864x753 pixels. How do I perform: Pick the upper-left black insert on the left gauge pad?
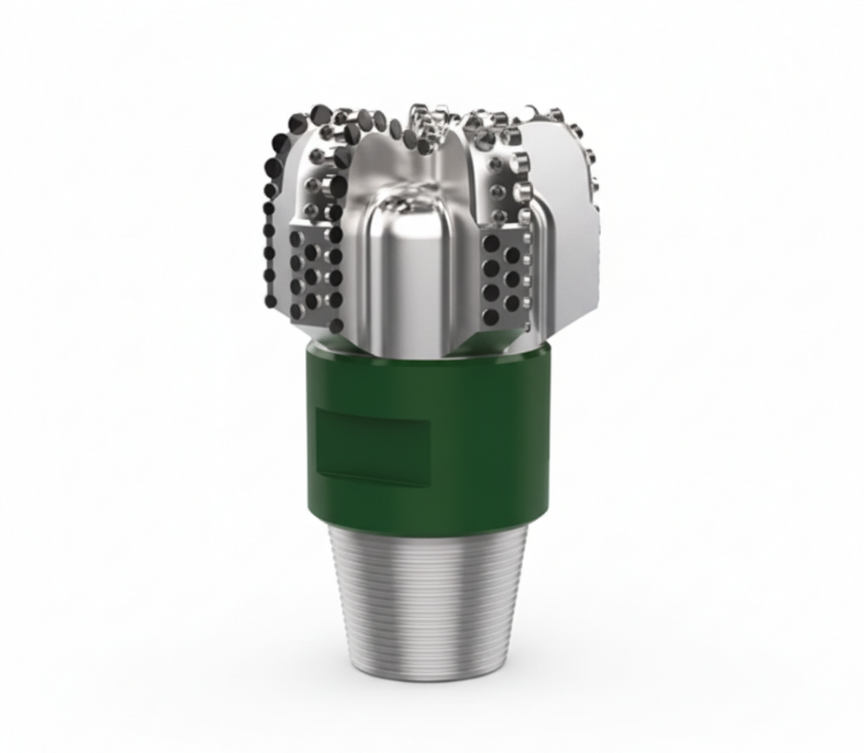tap(297, 241)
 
